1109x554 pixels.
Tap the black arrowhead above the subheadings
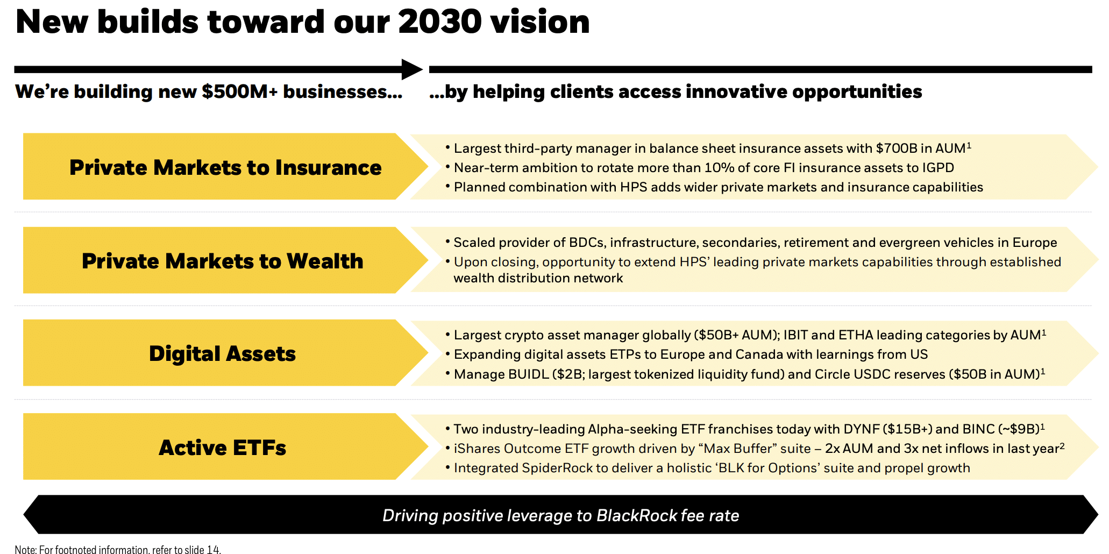tap(413, 69)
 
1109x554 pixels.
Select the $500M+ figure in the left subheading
tap(240, 91)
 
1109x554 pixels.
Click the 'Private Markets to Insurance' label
tap(225, 167)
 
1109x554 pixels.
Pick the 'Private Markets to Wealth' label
tap(223, 261)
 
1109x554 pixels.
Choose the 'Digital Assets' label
tap(222, 354)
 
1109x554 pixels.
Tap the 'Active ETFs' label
tap(222, 448)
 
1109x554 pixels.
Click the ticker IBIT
tap(795, 335)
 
